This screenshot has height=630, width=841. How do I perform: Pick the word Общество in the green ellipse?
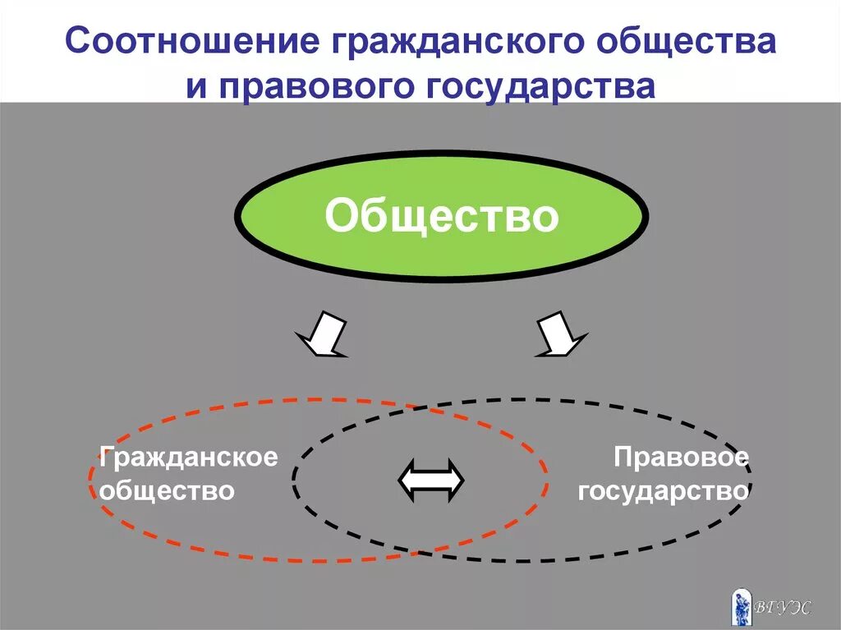(441, 217)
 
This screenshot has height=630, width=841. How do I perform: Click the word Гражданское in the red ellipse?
(189, 457)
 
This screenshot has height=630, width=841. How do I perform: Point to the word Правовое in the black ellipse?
(681, 457)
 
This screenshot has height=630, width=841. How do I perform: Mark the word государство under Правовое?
(663, 491)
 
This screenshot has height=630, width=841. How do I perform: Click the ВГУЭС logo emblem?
(741, 605)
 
